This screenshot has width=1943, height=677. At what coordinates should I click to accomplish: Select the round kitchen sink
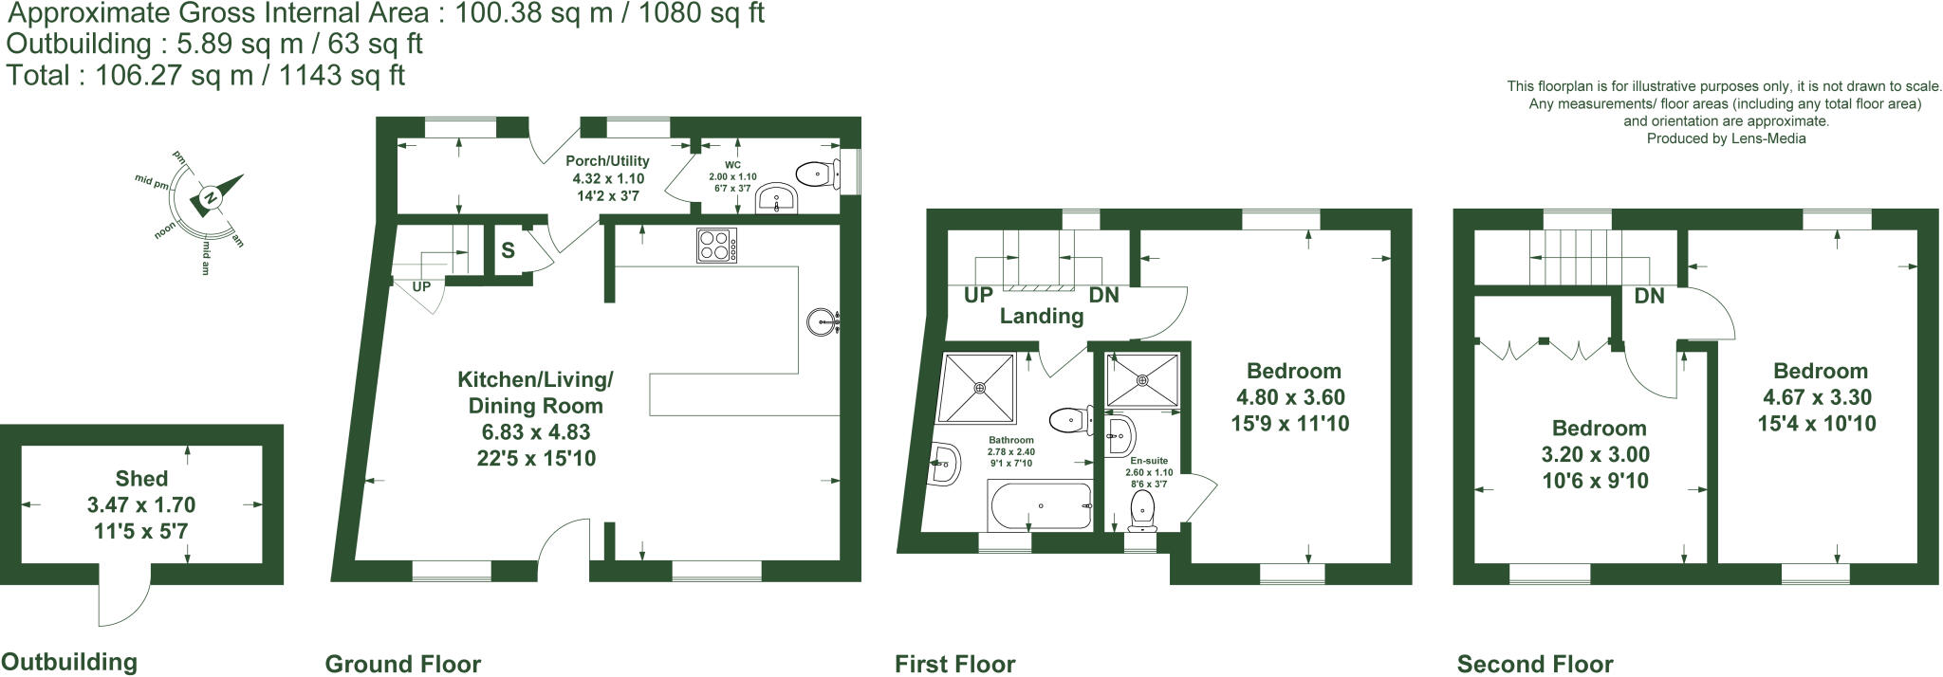coord(822,321)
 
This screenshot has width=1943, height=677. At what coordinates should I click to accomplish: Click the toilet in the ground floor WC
coord(815,174)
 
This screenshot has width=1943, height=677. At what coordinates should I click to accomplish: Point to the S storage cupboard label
coord(509,250)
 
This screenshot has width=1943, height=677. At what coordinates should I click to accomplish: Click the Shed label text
coord(141,479)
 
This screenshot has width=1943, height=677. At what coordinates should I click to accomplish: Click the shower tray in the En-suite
coord(1142,378)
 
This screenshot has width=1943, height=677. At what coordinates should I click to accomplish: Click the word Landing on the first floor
coord(1042,317)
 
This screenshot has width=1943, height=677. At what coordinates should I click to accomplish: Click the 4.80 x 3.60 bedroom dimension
coord(1290,397)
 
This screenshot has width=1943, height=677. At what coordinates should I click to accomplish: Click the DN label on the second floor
coord(1649,296)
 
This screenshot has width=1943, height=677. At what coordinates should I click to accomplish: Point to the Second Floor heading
coord(1534,664)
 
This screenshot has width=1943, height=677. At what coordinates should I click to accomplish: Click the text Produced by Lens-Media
coord(1726,138)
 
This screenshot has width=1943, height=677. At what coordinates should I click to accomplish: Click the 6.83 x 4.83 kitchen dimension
coord(535,432)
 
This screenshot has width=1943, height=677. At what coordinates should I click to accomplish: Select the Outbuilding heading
coord(69,662)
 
